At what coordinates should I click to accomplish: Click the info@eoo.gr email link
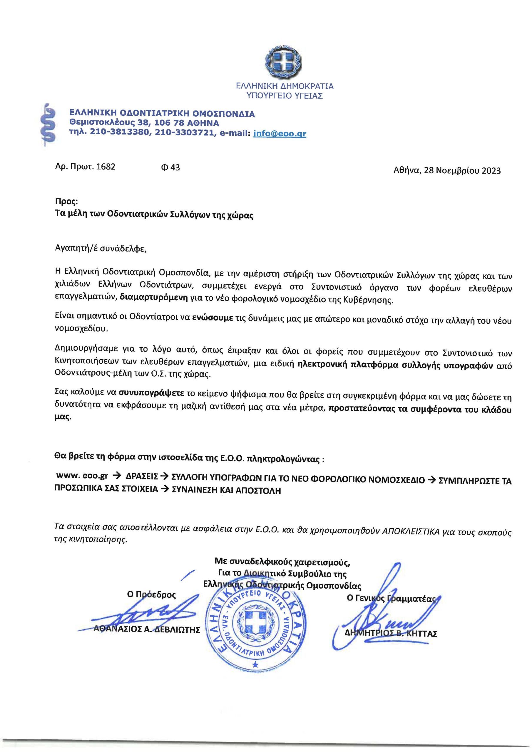[x=280, y=133]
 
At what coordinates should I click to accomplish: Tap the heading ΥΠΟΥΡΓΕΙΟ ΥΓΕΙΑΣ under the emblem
[x=285, y=96]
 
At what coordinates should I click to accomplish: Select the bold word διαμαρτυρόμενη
[x=154, y=297]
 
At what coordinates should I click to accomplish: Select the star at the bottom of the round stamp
[x=256, y=664]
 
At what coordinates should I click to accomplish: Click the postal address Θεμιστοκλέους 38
[x=104, y=123]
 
